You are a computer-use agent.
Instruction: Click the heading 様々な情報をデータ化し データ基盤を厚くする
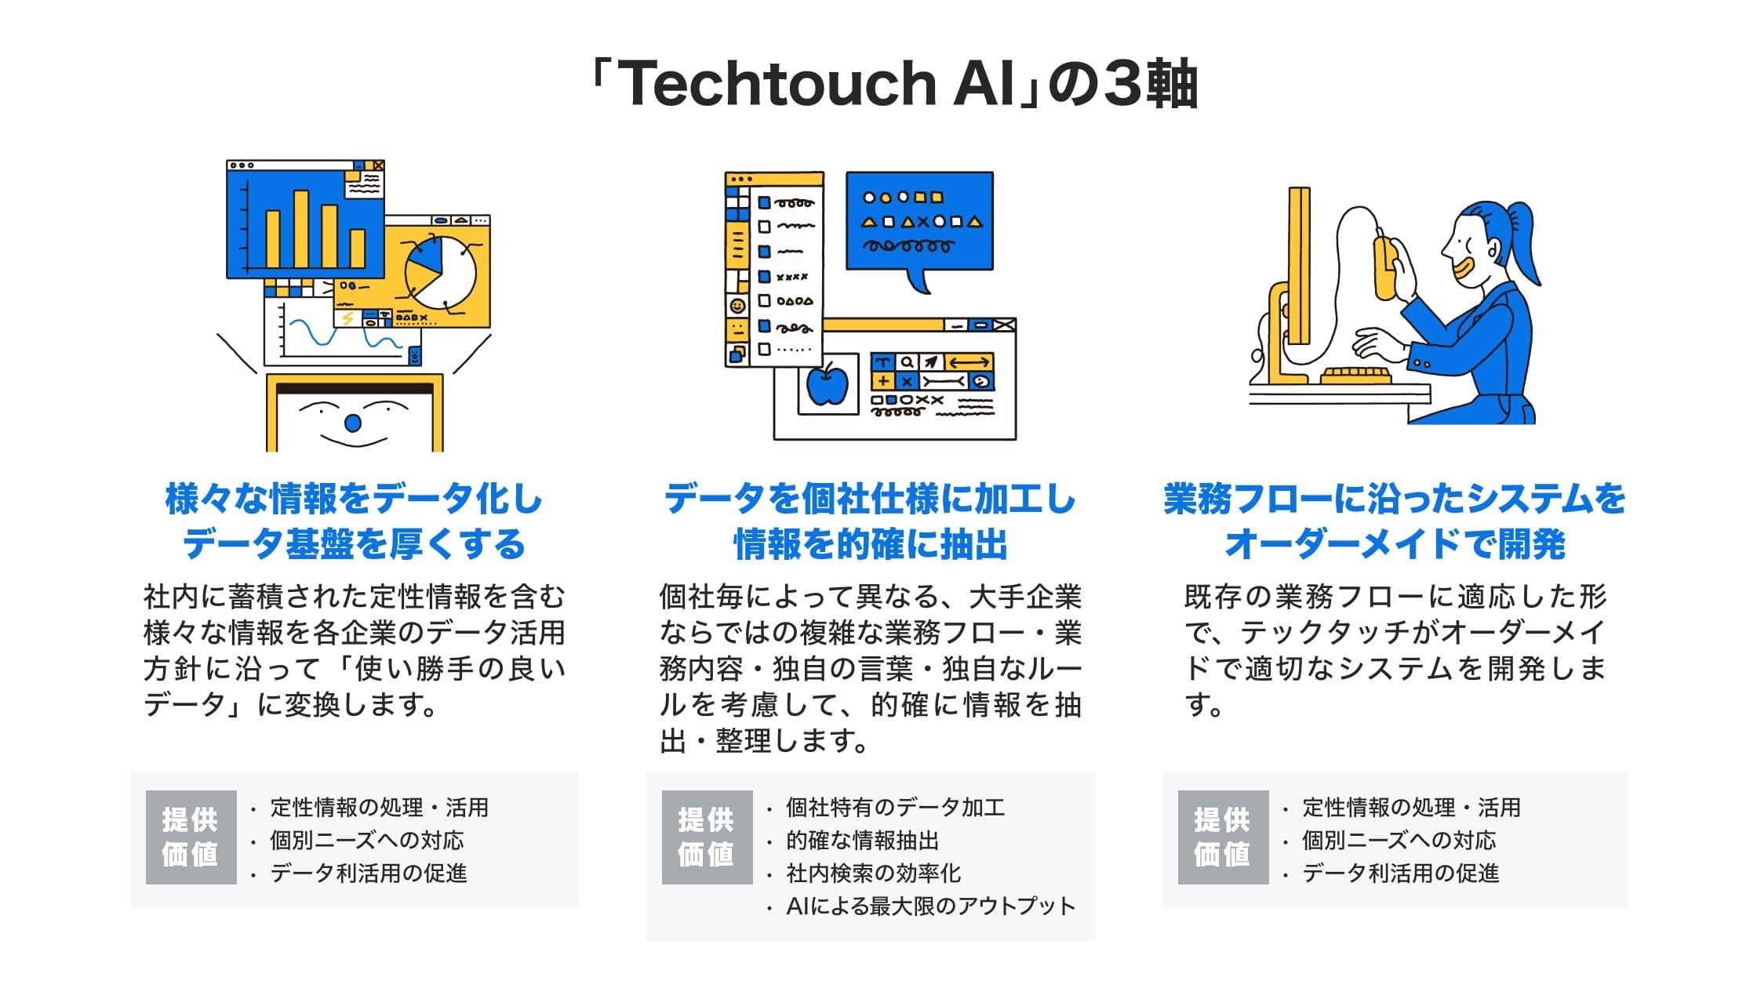(x=354, y=521)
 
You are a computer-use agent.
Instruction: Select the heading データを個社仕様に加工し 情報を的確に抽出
(x=870, y=521)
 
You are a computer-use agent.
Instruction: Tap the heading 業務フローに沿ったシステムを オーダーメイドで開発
(x=1395, y=521)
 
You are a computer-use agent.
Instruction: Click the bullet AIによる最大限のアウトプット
(x=930, y=906)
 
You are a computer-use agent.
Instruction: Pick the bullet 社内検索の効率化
(x=873, y=874)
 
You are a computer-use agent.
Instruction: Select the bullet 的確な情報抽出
(x=862, y=841)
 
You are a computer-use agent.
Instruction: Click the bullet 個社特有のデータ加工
(x=895, y=808)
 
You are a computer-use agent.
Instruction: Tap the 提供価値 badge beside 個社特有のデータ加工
(x=707, y=837)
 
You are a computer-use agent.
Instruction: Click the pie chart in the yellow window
(x=441, y=272)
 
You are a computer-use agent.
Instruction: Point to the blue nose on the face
(x=353, y=423)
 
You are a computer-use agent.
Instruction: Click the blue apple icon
(x=827, y=384)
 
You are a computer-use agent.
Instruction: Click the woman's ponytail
(x=1522, y=235)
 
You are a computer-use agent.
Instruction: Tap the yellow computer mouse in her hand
(x=1384, y=267)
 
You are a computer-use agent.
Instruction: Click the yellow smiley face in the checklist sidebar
(x=737, y=305)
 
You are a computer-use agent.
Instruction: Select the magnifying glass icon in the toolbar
(x=907, y=362)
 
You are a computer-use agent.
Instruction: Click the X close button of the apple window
(x=1005, y=325)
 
